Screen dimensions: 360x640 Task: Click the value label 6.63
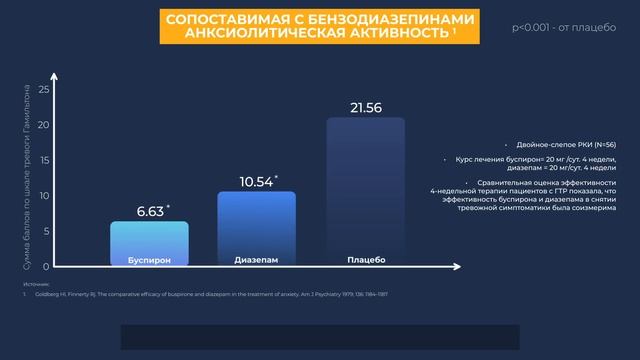pyautogui.click(x=151, y=211)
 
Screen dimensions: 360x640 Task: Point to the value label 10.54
pyautogui.click(x=257, y=181)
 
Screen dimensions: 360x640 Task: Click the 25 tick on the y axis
pyautogui.click(x=43, y=89)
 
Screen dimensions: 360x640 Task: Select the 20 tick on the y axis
pyautogui.click(x=43, y=125)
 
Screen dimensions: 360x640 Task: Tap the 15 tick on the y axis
pyautogui.click(x=43, y=160)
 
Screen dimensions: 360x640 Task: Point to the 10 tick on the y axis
pyautogui.click(x=43, y=196)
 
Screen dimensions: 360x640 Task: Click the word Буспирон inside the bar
pyautogui.click(x=149, y=260)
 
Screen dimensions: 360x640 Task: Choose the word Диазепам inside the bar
pyautogui.click(x=256, y=260)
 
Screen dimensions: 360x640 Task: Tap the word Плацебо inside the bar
pyautogui.click(x=365, y=260)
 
